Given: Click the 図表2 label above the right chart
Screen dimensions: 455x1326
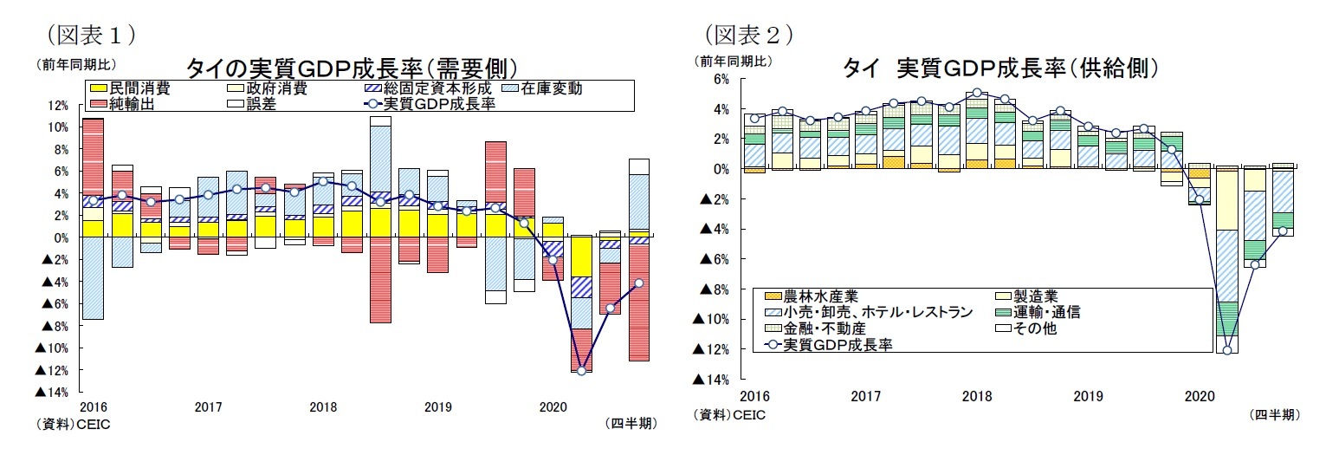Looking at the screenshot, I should [x=749, y=35].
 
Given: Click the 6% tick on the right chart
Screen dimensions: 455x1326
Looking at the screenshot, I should [x=721, y=79].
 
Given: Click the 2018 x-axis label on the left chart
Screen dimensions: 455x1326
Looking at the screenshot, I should [x=322, y=406].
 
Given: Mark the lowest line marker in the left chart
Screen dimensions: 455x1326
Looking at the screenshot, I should [x=581, y=371].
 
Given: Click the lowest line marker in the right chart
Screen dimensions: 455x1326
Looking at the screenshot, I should [x=1226, y=350].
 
